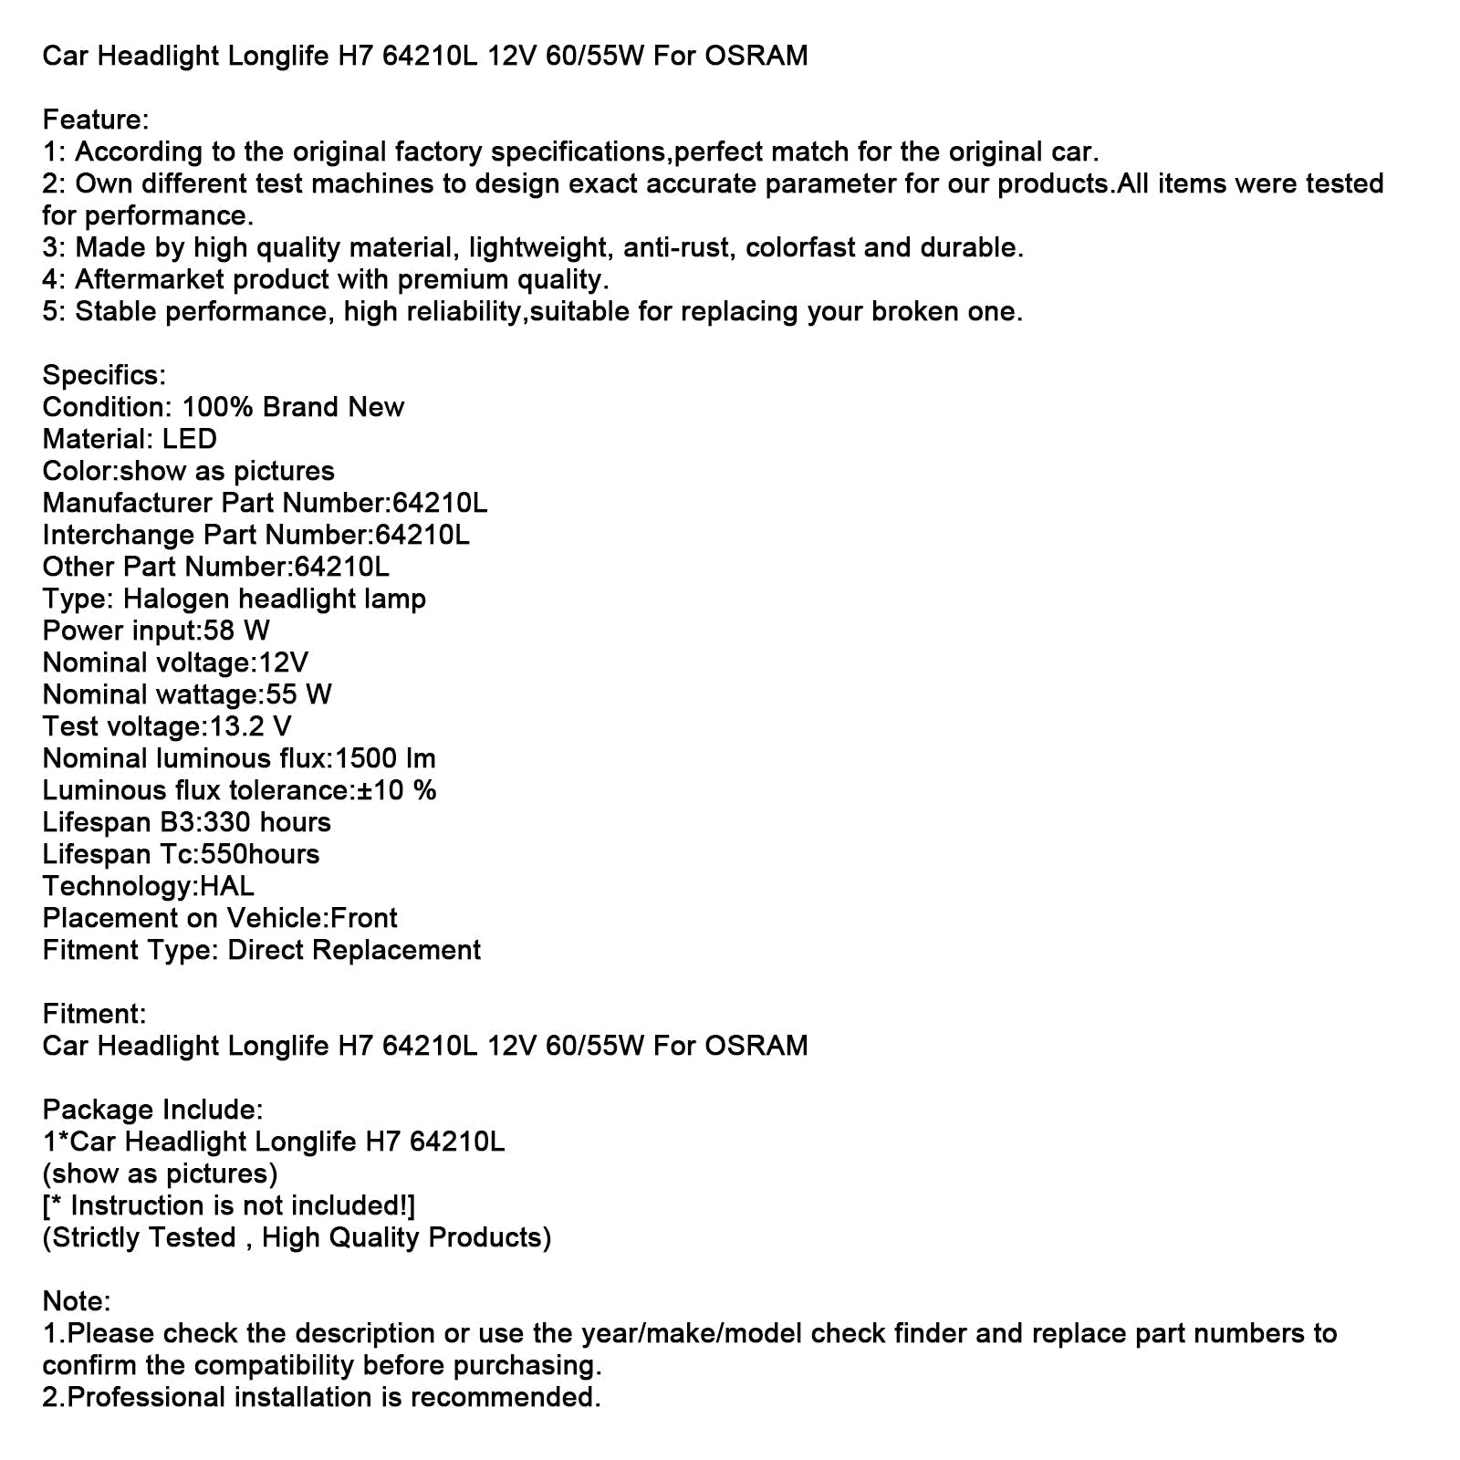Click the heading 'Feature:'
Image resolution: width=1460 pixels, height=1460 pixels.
[96, 120]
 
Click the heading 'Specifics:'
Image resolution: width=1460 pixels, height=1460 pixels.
[104, 375]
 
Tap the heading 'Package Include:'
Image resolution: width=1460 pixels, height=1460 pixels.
[152, 1110]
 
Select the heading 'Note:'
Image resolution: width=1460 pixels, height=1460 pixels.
[77, 1301]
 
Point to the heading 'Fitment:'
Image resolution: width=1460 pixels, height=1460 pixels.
[94, 1014]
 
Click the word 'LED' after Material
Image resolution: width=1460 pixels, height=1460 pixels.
[190, 439]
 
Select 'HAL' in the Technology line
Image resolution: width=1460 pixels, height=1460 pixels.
[226, 886]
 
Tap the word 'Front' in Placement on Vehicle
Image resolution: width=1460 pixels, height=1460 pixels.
[364, 918]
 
